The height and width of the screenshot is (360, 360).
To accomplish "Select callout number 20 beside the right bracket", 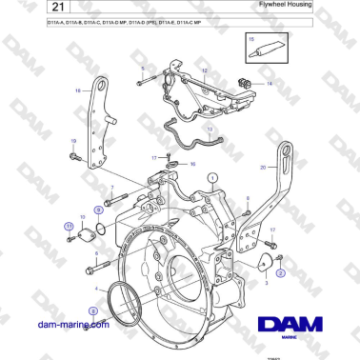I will tap(263, 168).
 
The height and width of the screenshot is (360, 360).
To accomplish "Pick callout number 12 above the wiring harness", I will tap(202, 71).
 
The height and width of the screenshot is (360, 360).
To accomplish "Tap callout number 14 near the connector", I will tap(270, 84).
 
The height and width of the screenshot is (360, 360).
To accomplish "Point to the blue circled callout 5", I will tap(92, 310).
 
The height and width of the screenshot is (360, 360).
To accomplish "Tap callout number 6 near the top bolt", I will tap(143, 70).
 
